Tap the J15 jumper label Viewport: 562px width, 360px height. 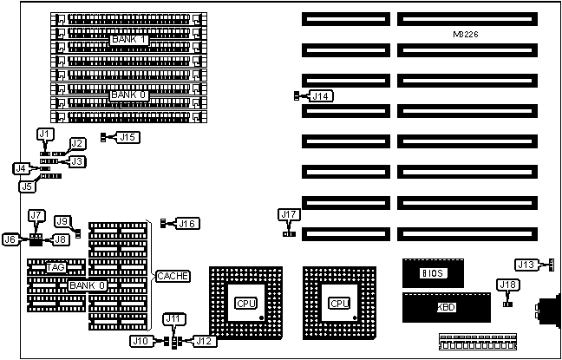coord(127,136)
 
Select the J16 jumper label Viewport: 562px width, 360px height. coord(187,223)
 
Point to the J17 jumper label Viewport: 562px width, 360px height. coord(289,214)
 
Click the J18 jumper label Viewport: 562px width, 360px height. coord(507,285)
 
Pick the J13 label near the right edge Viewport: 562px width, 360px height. coord(526,265)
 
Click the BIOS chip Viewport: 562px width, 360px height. coord(433,272)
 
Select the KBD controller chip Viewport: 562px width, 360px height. coord(446,307)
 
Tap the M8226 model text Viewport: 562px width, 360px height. coord(467,34)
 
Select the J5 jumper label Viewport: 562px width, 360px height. coord(28,186)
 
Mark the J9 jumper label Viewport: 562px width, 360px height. coord(62,221)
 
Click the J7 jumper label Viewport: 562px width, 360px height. coord(36,215)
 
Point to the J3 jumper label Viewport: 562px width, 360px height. coord(78,161)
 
